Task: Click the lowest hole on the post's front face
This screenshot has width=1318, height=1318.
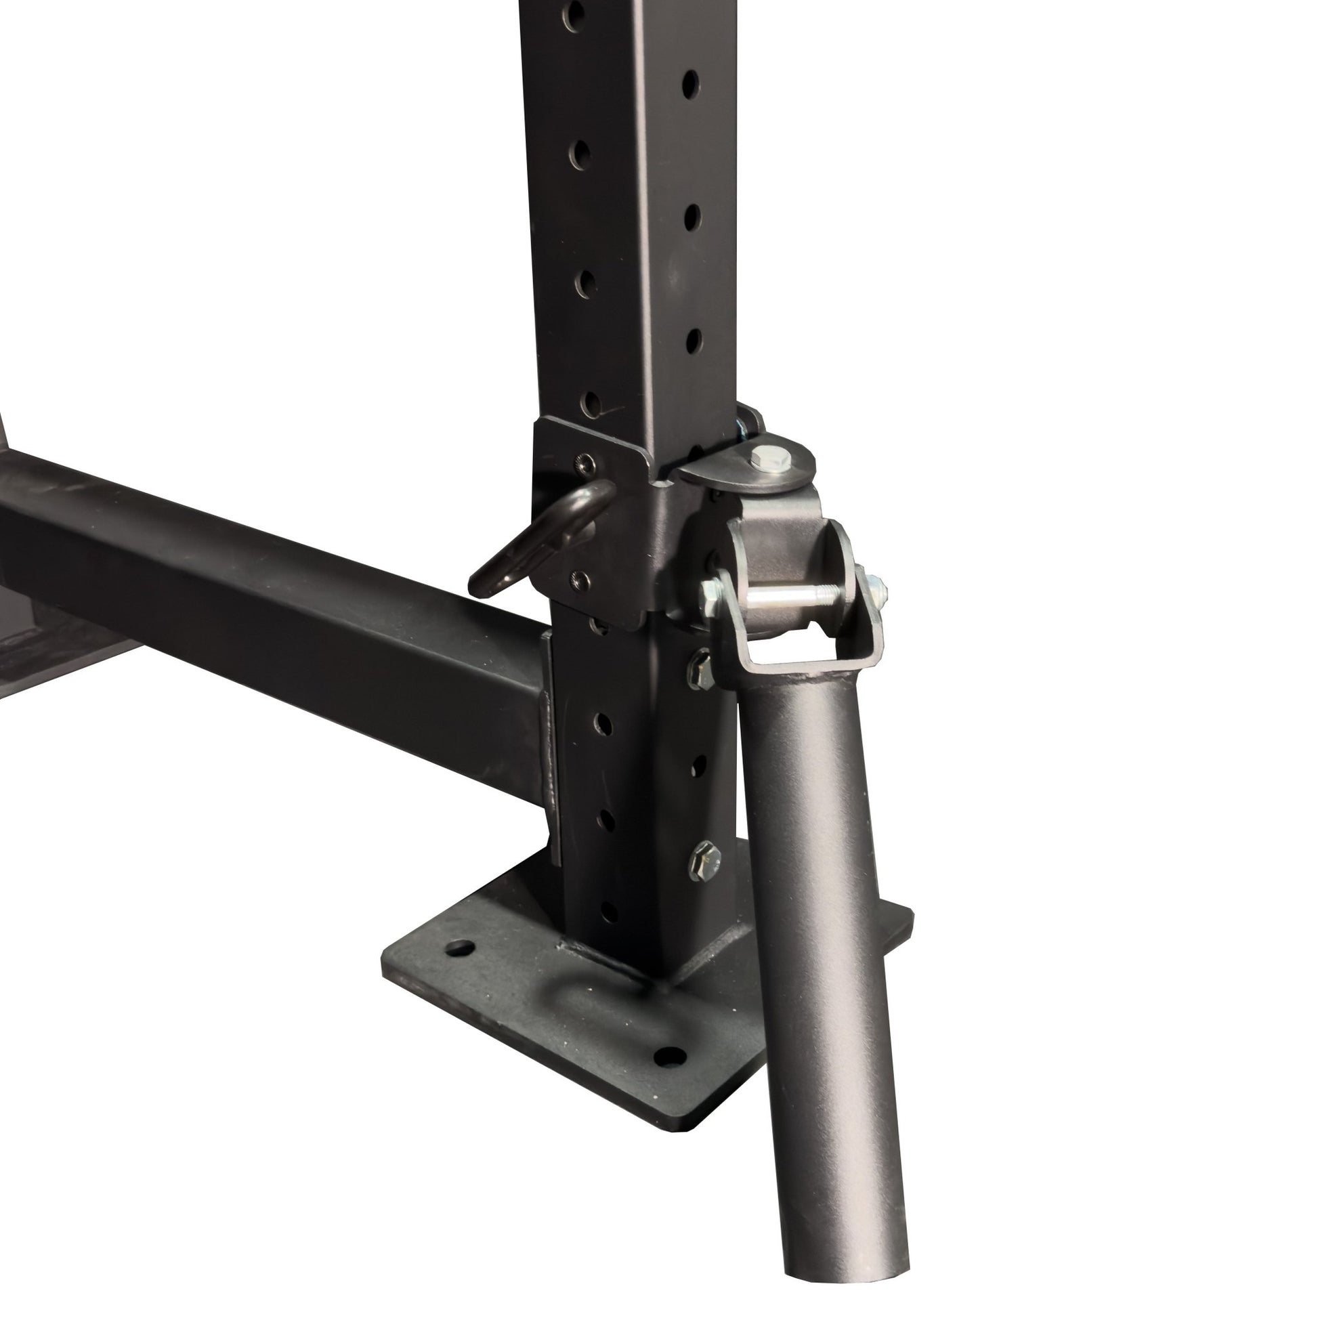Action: [x=609, y=913]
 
